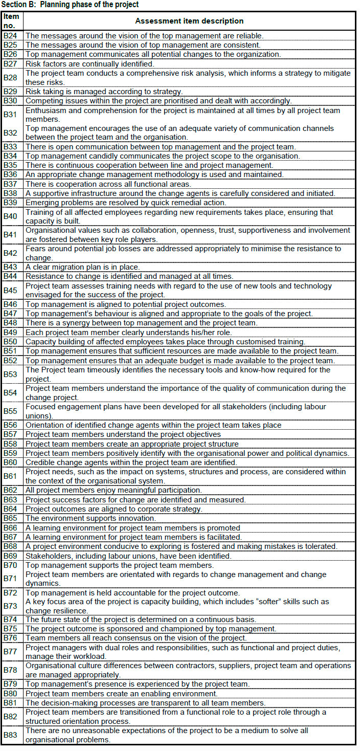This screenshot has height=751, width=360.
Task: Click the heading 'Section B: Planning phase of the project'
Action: [x=71, y=5]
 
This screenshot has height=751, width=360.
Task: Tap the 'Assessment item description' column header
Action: [x=189, y=21]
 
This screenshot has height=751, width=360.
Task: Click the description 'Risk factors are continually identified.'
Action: [x=89, y=64]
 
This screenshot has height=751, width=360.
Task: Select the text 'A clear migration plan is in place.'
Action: [x=82, y=267]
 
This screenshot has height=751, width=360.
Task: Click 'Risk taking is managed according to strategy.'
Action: [x=97, y=92]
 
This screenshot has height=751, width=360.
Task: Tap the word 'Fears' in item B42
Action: [x=35, y=249]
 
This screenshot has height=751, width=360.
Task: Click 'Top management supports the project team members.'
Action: [x=119, y=565]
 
